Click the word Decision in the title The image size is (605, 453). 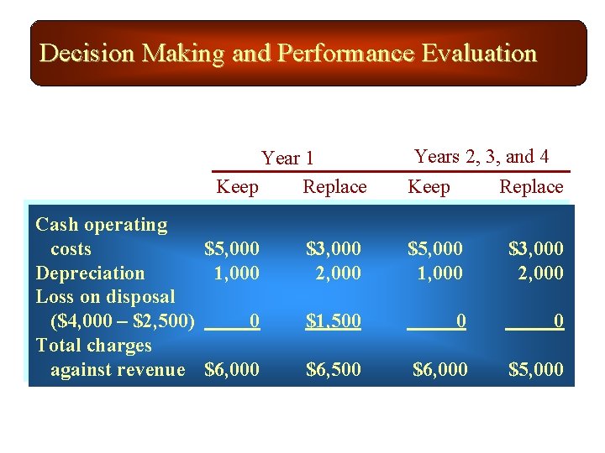tap(87, 54)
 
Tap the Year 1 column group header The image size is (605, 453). tap(287, 158)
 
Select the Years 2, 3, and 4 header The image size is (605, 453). tap(482, 156)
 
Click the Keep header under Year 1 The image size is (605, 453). tap(238, 186)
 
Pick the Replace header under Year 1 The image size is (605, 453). tap(334, 186)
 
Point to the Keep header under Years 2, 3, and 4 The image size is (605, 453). tap(429, 186)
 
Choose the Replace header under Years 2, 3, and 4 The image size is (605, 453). tap(531, 186)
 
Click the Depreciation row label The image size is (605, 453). tap(90, 273)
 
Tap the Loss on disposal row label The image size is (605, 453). tap(105, 296)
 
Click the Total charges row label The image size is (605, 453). tap(93, 345)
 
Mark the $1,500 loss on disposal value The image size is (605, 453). tap(334, 320)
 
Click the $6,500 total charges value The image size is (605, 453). tap(334, 369)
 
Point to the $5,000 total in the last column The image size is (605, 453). tap(536, 369)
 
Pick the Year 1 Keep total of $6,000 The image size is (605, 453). tap(232, 369)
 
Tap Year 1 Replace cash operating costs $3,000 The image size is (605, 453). tap(334, 248)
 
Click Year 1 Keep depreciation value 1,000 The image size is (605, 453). tap(237, 273)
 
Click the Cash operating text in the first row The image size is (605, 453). tap(101, 224)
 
